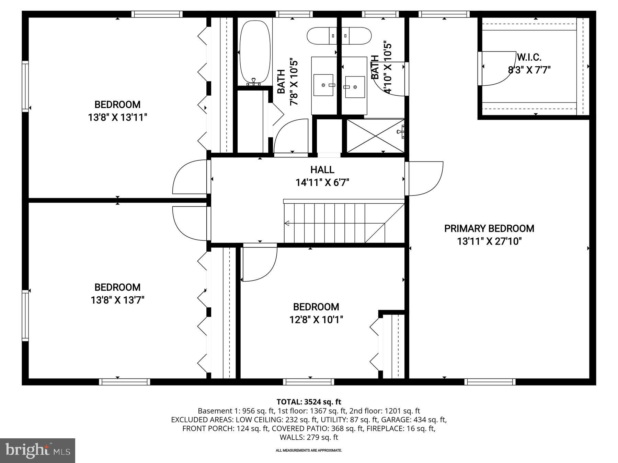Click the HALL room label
322,170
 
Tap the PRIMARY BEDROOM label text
489,228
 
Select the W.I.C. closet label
529,57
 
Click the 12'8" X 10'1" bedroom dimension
316,320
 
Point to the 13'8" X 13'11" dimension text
117,118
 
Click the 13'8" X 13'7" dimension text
117,300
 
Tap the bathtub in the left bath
254,51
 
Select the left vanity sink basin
323,85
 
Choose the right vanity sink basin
355,87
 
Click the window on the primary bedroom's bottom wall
490,382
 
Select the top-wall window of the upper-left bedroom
157,14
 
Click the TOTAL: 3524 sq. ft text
309,402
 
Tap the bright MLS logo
37,450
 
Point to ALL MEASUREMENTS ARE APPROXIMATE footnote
309,450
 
